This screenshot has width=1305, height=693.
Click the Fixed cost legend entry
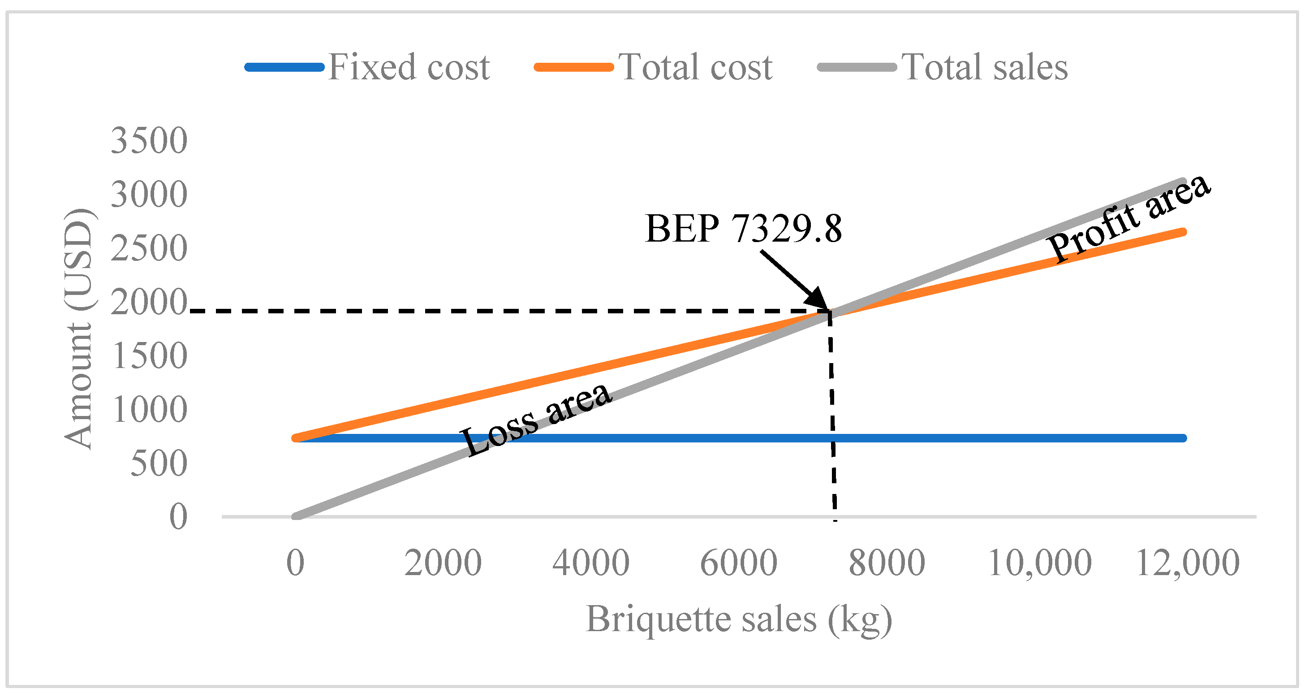(x=408, y=67)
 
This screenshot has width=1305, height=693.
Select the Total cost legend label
(x=695, y=67)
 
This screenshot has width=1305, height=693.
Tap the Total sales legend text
(x=984, y=67)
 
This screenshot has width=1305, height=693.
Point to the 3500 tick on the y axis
(x=149, y=140)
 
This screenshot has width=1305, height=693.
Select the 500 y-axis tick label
(x=159, y=463)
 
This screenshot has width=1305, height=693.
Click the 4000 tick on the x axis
(x=591, y=563)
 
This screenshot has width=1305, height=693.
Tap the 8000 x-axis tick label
(x=887, y=563)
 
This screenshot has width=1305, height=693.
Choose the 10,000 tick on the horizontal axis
(x=1039, y=563)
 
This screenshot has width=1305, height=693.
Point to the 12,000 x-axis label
(x=1188, y=563)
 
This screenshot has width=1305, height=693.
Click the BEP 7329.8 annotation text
(x=743, y=229)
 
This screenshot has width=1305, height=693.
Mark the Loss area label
(x=536, y=419)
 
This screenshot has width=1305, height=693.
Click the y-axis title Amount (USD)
(x=78, y=329)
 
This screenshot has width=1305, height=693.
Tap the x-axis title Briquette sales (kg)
(x=739, y=619)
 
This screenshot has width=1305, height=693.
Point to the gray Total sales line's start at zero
(x=297, y=516)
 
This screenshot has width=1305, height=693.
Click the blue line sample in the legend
(x=284, y=67)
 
